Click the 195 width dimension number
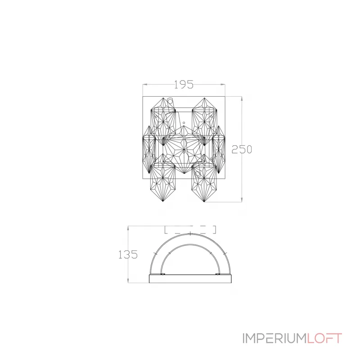click(x=184, y=84)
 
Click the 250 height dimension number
click(x=241, y=150)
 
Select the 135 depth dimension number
click(x=128, y=255)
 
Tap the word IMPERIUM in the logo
click(x=274, y=338)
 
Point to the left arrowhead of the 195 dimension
click(x=144, y=84)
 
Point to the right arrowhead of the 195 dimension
click(x=224, y=84)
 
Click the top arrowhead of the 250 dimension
click(x=242, y=98)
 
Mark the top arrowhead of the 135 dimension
click(x=129, y=227)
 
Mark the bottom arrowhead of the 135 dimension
click(x=129, y=282)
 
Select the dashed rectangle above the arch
click(x=190, y=229)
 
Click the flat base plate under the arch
click(x=190, y=279)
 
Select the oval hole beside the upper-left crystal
click(x=170, y=101)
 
